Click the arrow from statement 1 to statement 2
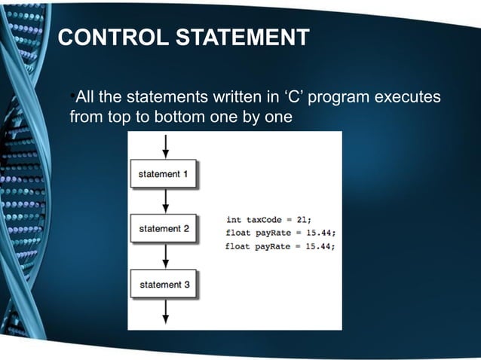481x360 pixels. tap(165, 200)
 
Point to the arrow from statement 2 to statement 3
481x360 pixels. tap(165, 256)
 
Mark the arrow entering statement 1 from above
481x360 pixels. tap(165, 146)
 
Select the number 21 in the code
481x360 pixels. tap(303, 219)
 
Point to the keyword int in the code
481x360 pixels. tap(234, 219)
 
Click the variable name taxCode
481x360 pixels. tap(264, 219)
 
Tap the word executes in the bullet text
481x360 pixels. tap(408, 99)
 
